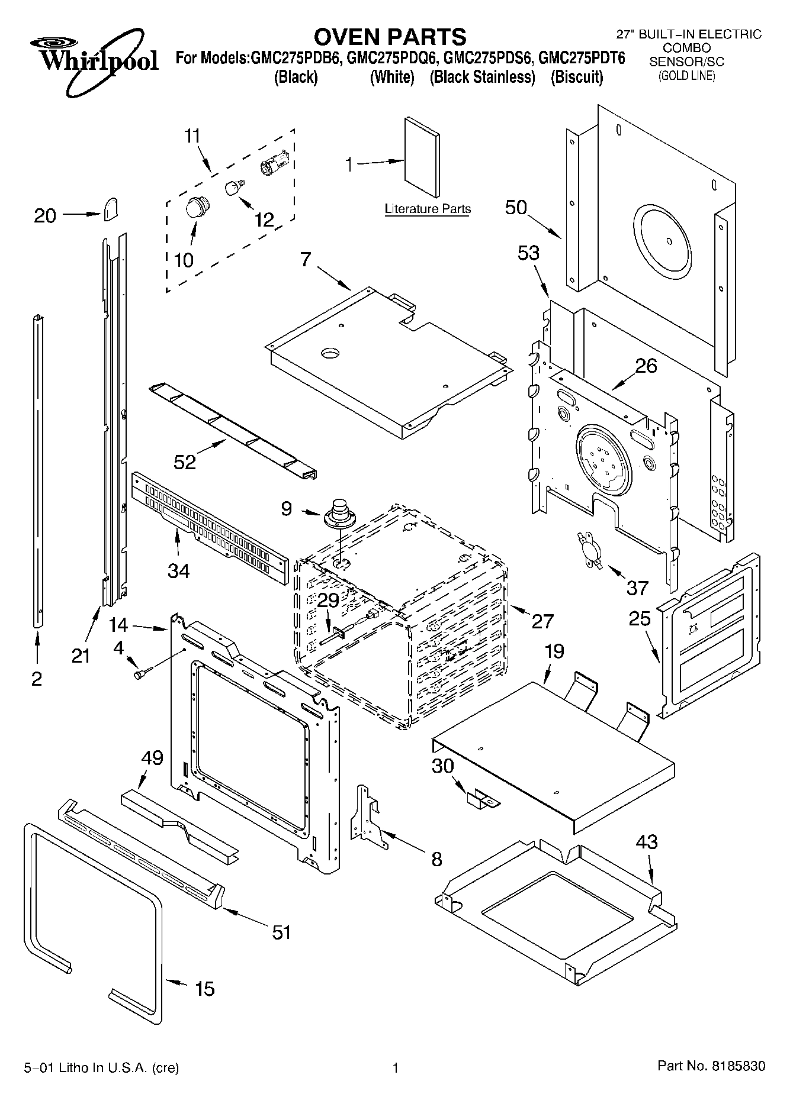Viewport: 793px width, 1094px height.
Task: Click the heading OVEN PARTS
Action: [390, 37]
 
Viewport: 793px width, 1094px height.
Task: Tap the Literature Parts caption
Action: [428, 209]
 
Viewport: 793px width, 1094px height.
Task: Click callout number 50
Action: [516, 207]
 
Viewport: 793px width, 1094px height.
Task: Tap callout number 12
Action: [265, 220]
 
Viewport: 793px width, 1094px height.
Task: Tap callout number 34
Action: [178, 570]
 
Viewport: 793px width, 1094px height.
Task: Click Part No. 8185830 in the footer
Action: [711, 1066]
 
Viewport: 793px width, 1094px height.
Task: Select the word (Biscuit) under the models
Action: [576, 77]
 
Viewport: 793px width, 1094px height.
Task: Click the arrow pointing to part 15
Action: [176, 983]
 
